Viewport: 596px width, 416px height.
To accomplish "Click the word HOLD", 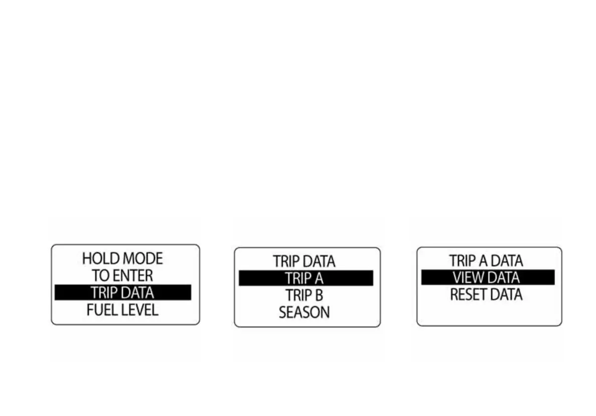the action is tap(97, 259).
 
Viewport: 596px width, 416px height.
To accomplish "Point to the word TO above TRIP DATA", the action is tap(100, 275).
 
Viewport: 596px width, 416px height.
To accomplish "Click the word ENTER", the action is tap(132, 275).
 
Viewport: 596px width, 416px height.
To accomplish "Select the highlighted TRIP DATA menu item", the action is tap(122, 292).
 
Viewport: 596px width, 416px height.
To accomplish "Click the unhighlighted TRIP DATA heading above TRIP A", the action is tap(304, 261).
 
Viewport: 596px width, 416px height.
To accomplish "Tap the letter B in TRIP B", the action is tap(319, 295).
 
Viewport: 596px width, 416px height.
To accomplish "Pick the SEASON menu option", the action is tap(304, 313).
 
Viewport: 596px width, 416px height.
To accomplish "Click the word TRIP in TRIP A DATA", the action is tap(462, 261).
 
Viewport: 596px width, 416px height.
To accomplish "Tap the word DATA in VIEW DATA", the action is tap(503, 277).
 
